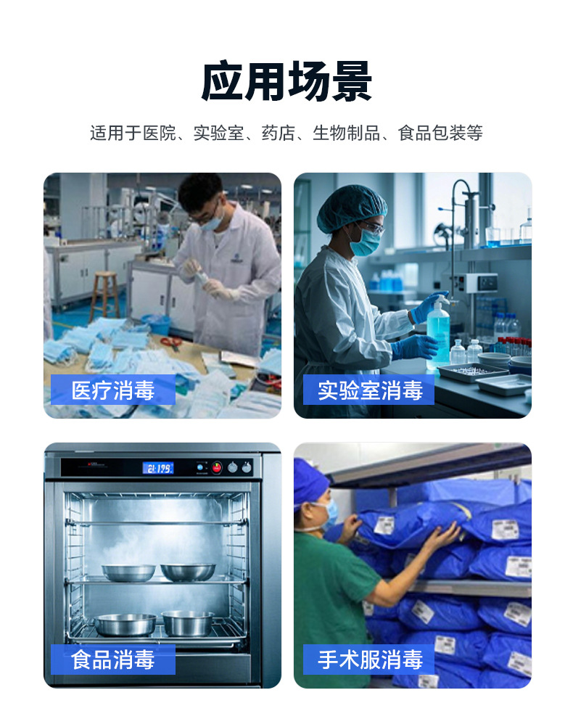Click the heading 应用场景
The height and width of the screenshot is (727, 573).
pos(286,81)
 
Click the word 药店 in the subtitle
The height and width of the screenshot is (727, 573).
pos(278,133)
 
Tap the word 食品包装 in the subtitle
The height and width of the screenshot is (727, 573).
pos(432,133)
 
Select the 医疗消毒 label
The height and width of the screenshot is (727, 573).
pos(113,390)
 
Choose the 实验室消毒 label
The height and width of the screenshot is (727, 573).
pos(369,390)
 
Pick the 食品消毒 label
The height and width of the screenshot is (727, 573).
pos(113,660)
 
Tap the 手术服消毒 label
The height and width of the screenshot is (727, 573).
pos(369,660)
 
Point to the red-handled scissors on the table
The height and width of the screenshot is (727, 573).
pos(171,342)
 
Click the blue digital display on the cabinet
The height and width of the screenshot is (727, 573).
pos(157,468)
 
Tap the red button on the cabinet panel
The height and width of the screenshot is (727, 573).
pos(216,467)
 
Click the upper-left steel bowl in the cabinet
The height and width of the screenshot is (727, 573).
pos(128,572)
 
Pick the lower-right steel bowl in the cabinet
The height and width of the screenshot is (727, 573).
pos(188,623)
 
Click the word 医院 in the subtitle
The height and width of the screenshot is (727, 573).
pos(159,133)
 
